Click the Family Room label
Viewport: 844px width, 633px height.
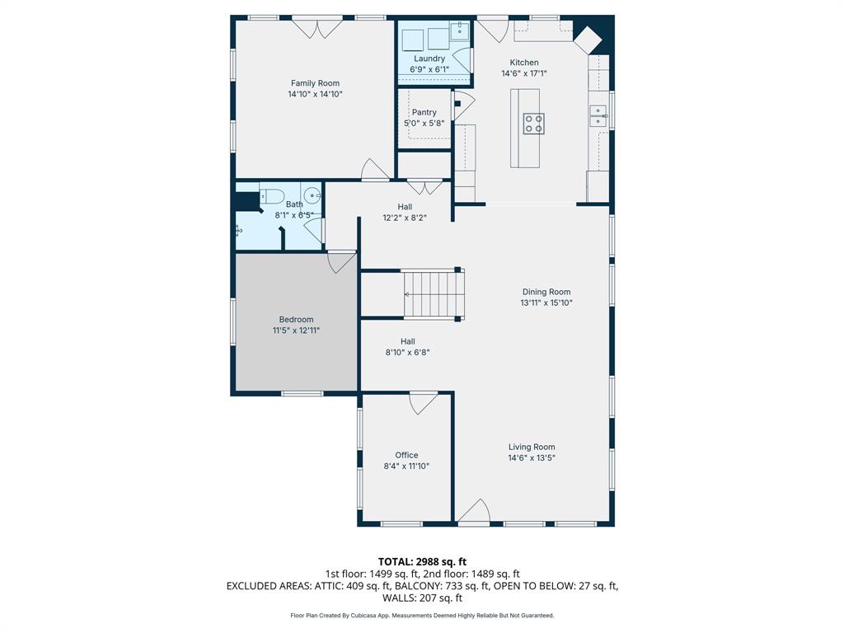[315, 83]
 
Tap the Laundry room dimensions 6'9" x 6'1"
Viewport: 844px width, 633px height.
[429, 70]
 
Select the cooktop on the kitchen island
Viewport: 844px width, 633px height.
[533, 124]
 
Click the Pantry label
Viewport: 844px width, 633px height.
[424, 112]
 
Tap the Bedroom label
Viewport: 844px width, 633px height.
[296, 320]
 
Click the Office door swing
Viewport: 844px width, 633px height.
[424, 403]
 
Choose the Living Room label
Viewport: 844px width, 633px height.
[532, 447]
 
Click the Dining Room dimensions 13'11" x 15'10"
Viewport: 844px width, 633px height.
[546, 302]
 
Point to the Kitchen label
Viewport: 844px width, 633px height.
[524, 63]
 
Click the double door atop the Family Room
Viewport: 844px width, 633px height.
[317, 27]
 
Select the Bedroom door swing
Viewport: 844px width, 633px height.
[340, 261]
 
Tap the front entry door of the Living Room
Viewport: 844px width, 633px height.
[475, 511]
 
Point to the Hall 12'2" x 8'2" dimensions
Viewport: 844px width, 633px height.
[406, 218]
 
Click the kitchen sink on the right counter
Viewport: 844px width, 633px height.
[596, 115]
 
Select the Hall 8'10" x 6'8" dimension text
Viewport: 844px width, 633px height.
[408, 352]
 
